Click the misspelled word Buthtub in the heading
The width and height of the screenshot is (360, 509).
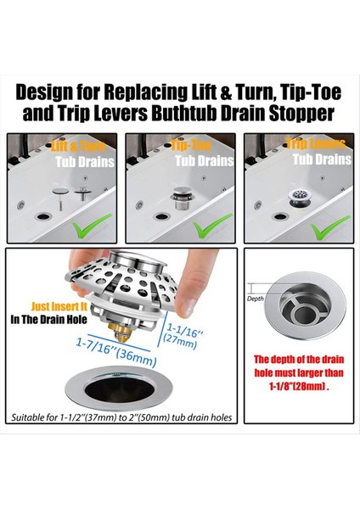(183, 113)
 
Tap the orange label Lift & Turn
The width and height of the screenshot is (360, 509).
(78, 147)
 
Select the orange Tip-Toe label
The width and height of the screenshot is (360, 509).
(191, 145)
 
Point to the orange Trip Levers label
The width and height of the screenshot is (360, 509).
(316, 144)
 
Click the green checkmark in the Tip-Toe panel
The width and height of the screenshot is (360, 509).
(212, 225)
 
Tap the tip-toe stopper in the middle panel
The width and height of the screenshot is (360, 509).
(183, 198)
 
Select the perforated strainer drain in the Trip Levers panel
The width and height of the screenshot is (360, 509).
(300, 199)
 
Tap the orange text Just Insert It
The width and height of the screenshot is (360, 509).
(59, 306)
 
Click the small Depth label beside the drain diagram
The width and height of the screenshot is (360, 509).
(256, 299)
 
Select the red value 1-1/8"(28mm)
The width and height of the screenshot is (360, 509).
(299, 387)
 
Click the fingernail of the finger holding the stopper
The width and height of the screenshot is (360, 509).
(187, 308)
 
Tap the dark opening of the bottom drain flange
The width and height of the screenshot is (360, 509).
(116, 389)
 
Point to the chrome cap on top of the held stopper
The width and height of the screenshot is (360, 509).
(136, 259)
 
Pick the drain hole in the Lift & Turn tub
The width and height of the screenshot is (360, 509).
(44, 215)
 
